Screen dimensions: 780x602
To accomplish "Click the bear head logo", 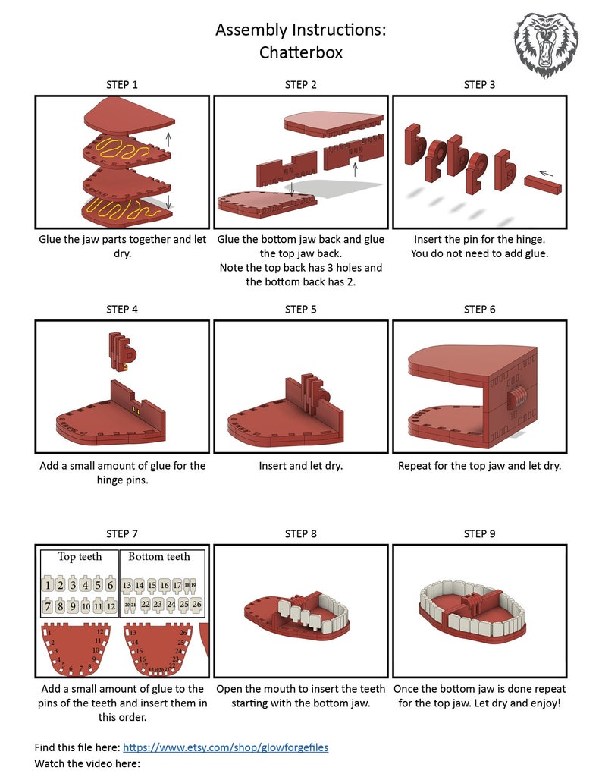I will pyautogui.click(x=547, y=42).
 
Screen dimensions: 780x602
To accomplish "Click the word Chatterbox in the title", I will pyautogui.click(x=301, y=52).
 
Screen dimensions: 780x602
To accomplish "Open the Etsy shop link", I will pyautogui.click(x=225, y=747).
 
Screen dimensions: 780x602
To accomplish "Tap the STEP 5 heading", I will pyautogui.click(x=301, y=309).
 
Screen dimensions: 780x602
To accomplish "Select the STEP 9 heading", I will pyautogui.click(x=479, y=533).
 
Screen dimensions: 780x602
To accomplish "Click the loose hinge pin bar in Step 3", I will pyautogui.click(x=543, y=184).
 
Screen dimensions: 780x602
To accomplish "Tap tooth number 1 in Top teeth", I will pyautogui.click(x=48, y=585).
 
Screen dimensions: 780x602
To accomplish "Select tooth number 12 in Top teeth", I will pyautogui.click(x=110, y=606).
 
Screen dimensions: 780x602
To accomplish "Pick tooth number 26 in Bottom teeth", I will pyautogui.click(x=197, y=605).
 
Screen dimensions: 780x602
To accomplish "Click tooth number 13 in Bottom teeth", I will pyautogui.click(x=127, y=585).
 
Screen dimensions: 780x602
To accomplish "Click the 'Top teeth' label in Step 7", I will pyautogui.click(x=80, y=557).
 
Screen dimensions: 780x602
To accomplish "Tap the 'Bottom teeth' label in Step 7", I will pyautogui.click(x=159, y=557).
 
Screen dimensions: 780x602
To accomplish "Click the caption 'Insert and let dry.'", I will pyautogui.click(x=301, y=466).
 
